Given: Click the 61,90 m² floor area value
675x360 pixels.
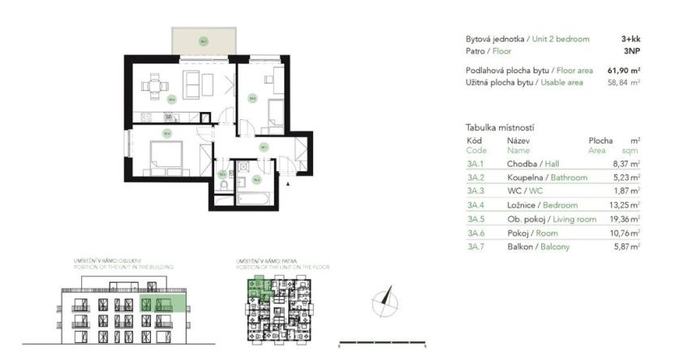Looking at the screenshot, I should pyautogui.click(x=623, y=71).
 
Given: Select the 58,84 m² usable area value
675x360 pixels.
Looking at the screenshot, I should pyautogui.click(x=624, y=82).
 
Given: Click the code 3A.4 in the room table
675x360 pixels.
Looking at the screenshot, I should pyautogui.click(x=476, y=205).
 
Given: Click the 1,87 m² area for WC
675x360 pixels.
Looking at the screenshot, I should pyautogui.click(x=626, y=191).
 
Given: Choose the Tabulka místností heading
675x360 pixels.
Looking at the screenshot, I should pyautogui.click(x=500, y=127).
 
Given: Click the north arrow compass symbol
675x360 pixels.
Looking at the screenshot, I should pyautogui.click(x=385, y=302).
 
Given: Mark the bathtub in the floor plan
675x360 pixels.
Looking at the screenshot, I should pyautogui.click(x=255, y=195).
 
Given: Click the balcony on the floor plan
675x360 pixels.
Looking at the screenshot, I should pyautogui.click(x=203, y=41).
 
